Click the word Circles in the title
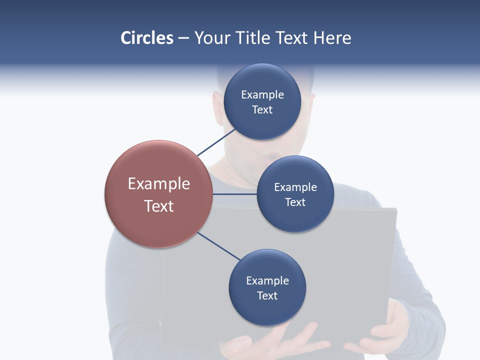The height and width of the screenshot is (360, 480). click(147, 38)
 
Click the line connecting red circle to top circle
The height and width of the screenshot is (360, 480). click(216, 142)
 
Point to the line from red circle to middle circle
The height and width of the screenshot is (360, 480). click(235, 194)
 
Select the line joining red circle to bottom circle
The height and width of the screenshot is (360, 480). click(219, 246)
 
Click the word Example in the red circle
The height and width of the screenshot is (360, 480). click(158, 184)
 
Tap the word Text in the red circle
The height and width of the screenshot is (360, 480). click(158, 206)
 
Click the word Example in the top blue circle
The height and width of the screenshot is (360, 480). click(262, 95)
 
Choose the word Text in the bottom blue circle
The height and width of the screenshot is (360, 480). click(267, 295)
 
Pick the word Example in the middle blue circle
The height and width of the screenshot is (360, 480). click(295, 187)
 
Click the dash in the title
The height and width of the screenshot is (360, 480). click(183, 38)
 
